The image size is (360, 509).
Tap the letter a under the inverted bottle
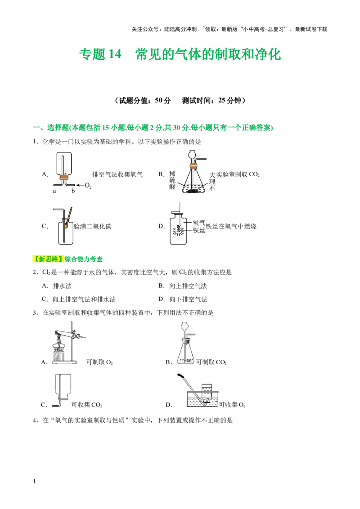pos(55,192)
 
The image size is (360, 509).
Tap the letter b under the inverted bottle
pos(73,192)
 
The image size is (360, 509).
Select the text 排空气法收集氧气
pos(117,174)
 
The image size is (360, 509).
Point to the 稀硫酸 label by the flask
pos(172,181)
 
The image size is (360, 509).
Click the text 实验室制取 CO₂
pos(238,174)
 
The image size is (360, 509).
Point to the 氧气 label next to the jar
pos(199,223)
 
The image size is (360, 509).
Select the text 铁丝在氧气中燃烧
pos(231,227)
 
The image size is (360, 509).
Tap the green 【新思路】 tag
pos(49,259)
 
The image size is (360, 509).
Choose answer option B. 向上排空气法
pos(182,286)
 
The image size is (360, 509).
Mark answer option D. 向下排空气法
pos(182,299)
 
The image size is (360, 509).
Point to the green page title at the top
pos(180,54)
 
